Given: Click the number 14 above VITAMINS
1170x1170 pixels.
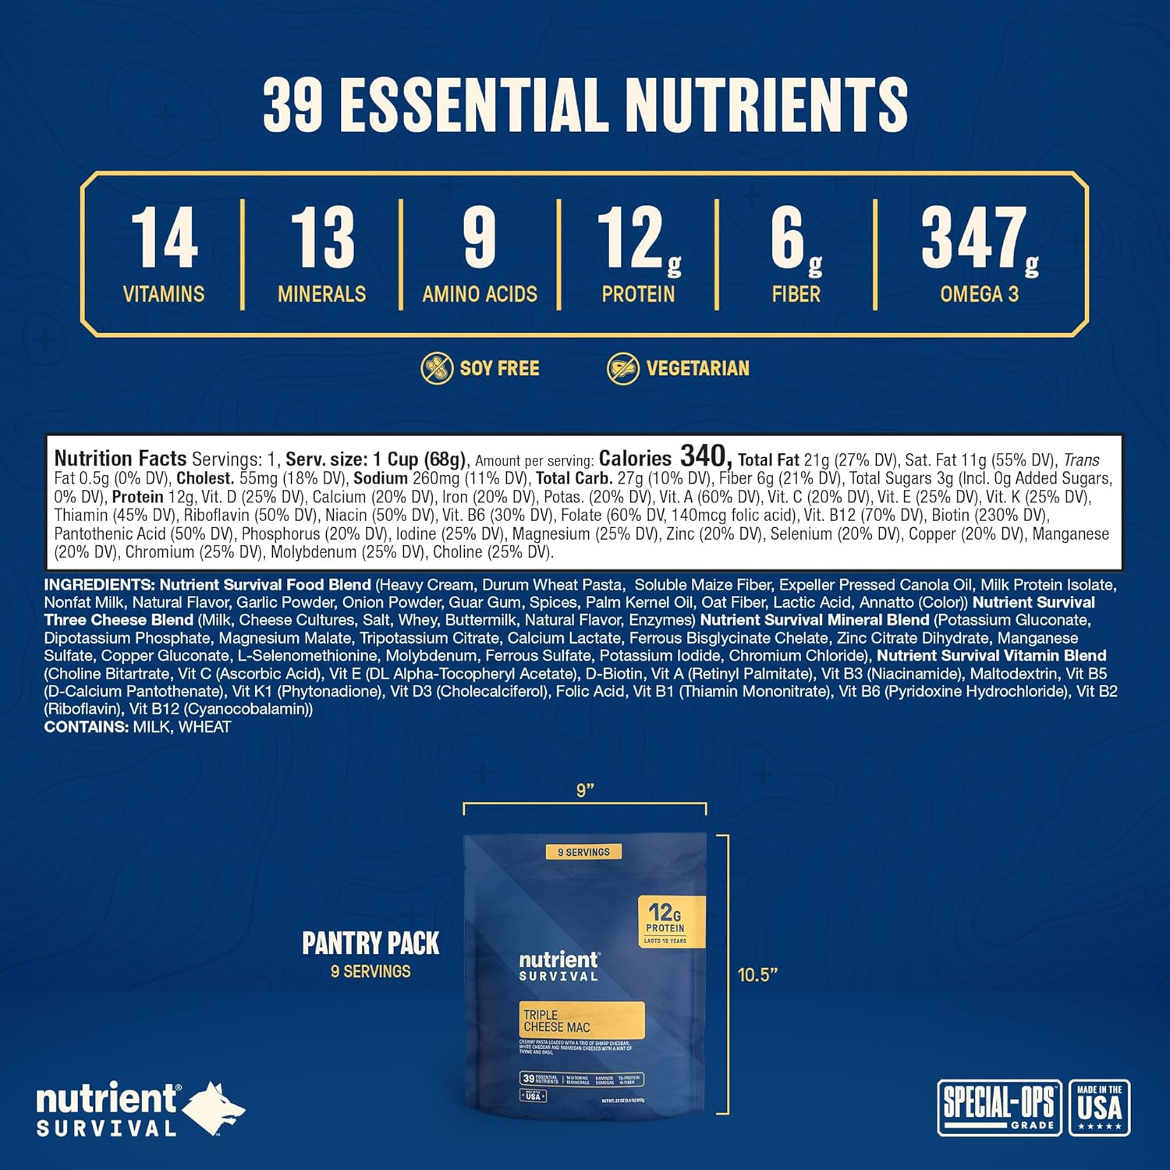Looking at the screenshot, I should tap(164, 238).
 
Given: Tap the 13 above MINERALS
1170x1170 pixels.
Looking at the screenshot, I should tap(322, 238).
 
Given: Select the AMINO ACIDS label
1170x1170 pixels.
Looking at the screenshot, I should tap(480, 294).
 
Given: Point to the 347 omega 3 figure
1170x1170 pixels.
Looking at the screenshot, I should tap(973, 238).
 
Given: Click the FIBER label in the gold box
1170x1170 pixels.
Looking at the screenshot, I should tap(796, 294).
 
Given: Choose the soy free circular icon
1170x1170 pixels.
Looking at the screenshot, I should tap(437, 368).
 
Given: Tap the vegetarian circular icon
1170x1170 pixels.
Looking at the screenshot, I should tap(623, 368).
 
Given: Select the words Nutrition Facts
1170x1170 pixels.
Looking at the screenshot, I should tap(120, 459).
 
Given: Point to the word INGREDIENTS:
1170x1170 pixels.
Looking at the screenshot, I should tap(99, 585).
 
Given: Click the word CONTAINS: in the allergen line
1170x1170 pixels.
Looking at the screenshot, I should tap(86, 727).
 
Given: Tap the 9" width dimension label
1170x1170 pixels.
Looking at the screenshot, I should tap(585, 790).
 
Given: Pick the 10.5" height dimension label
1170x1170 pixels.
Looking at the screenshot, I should tap(757, 975).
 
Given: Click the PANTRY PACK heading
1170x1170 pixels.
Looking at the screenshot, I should tap(370, 944).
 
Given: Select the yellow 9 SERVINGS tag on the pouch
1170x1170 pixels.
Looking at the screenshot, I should tap(583, 852).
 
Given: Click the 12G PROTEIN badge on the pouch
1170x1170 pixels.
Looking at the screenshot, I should tap(665, 920).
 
